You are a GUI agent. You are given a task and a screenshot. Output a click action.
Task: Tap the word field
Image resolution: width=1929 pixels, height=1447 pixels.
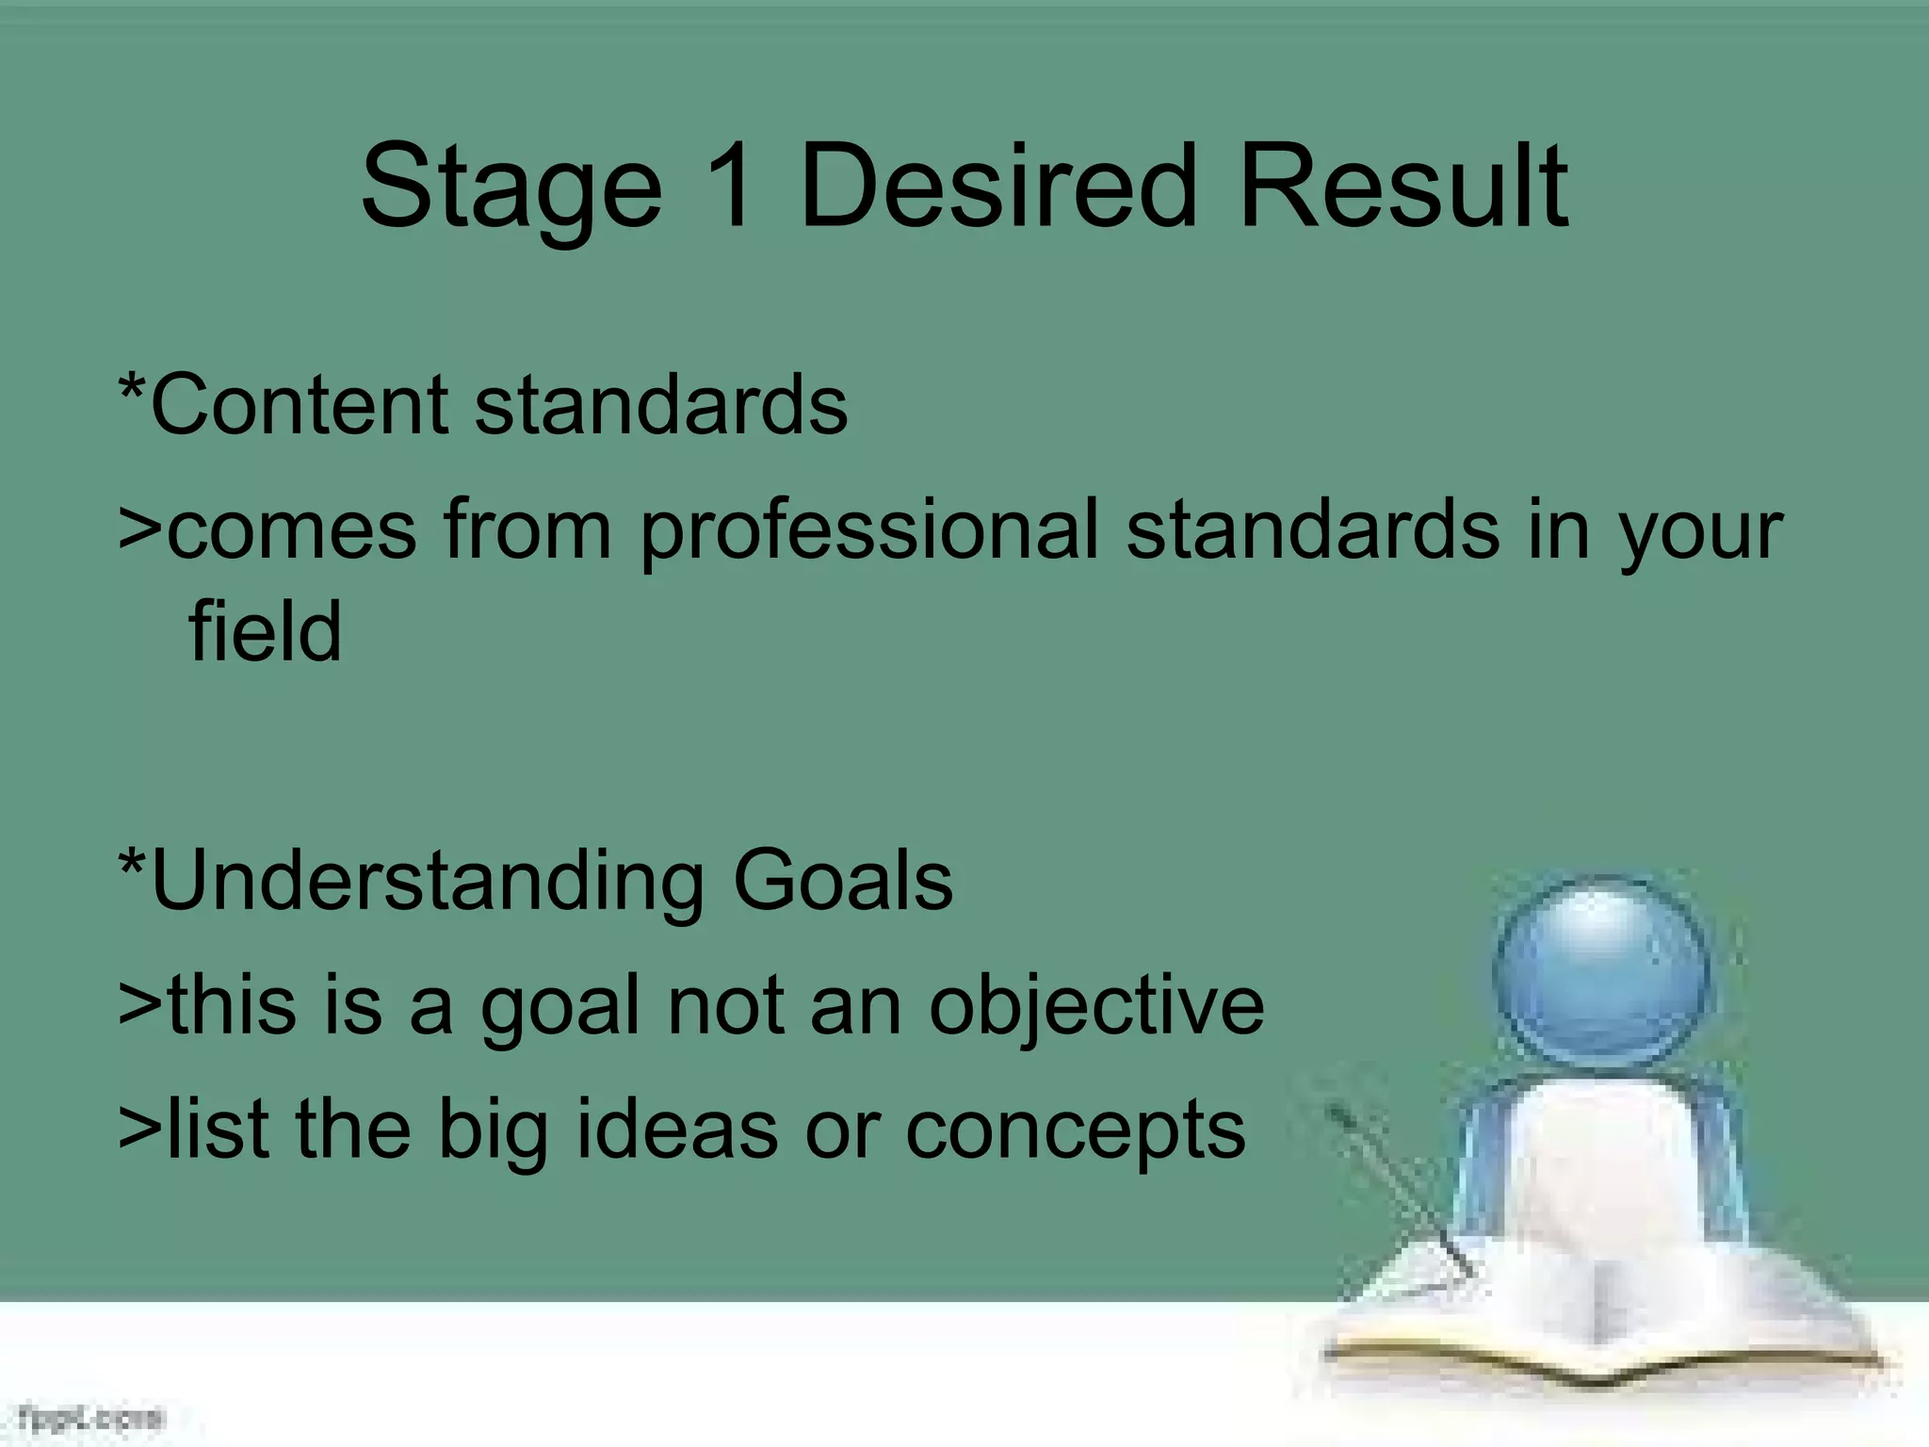click(x=266, y=633)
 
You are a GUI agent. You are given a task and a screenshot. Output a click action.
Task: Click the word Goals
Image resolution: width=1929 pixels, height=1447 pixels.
click(x=843, y=881)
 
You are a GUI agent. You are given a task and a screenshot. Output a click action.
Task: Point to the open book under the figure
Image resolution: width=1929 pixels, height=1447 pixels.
click(x=1601, y=1319)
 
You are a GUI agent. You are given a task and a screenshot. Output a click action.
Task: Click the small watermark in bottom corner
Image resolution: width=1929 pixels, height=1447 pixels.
click(x=90, y=1418)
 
